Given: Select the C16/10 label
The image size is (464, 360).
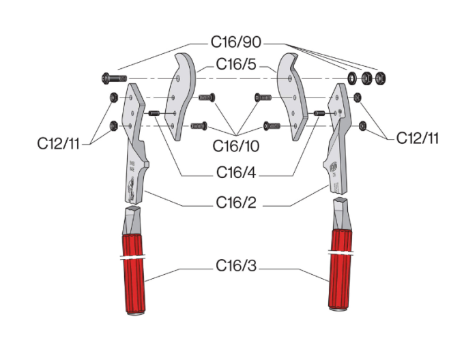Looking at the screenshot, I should pyautogui.click(x=235, y=145).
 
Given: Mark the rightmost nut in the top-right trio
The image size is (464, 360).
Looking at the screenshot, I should pyautogui.click(x=380, y=78).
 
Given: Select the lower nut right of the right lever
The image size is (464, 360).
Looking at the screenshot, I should pyautogui.click(x=363, y=125).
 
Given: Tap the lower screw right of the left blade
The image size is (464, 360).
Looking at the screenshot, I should pyautogui.click(x=199, y=125).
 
